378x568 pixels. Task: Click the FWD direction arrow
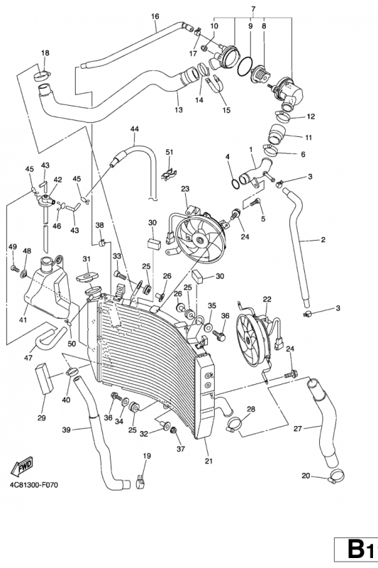(22, 467)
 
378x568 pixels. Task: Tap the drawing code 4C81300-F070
(33, 485)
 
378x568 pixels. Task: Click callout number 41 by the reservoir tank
(23, 320)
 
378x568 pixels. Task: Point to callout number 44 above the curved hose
(135, 129)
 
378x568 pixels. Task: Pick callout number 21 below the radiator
(209, 461)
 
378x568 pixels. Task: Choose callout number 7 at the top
(253, 9)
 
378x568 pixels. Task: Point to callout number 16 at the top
(155, 16)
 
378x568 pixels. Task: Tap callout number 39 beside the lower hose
(66, 430)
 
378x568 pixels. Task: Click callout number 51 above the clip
(169, 152)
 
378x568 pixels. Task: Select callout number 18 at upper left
(45, 53)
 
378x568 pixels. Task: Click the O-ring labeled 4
(235, 184)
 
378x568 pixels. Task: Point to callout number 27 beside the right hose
(297, 429)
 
